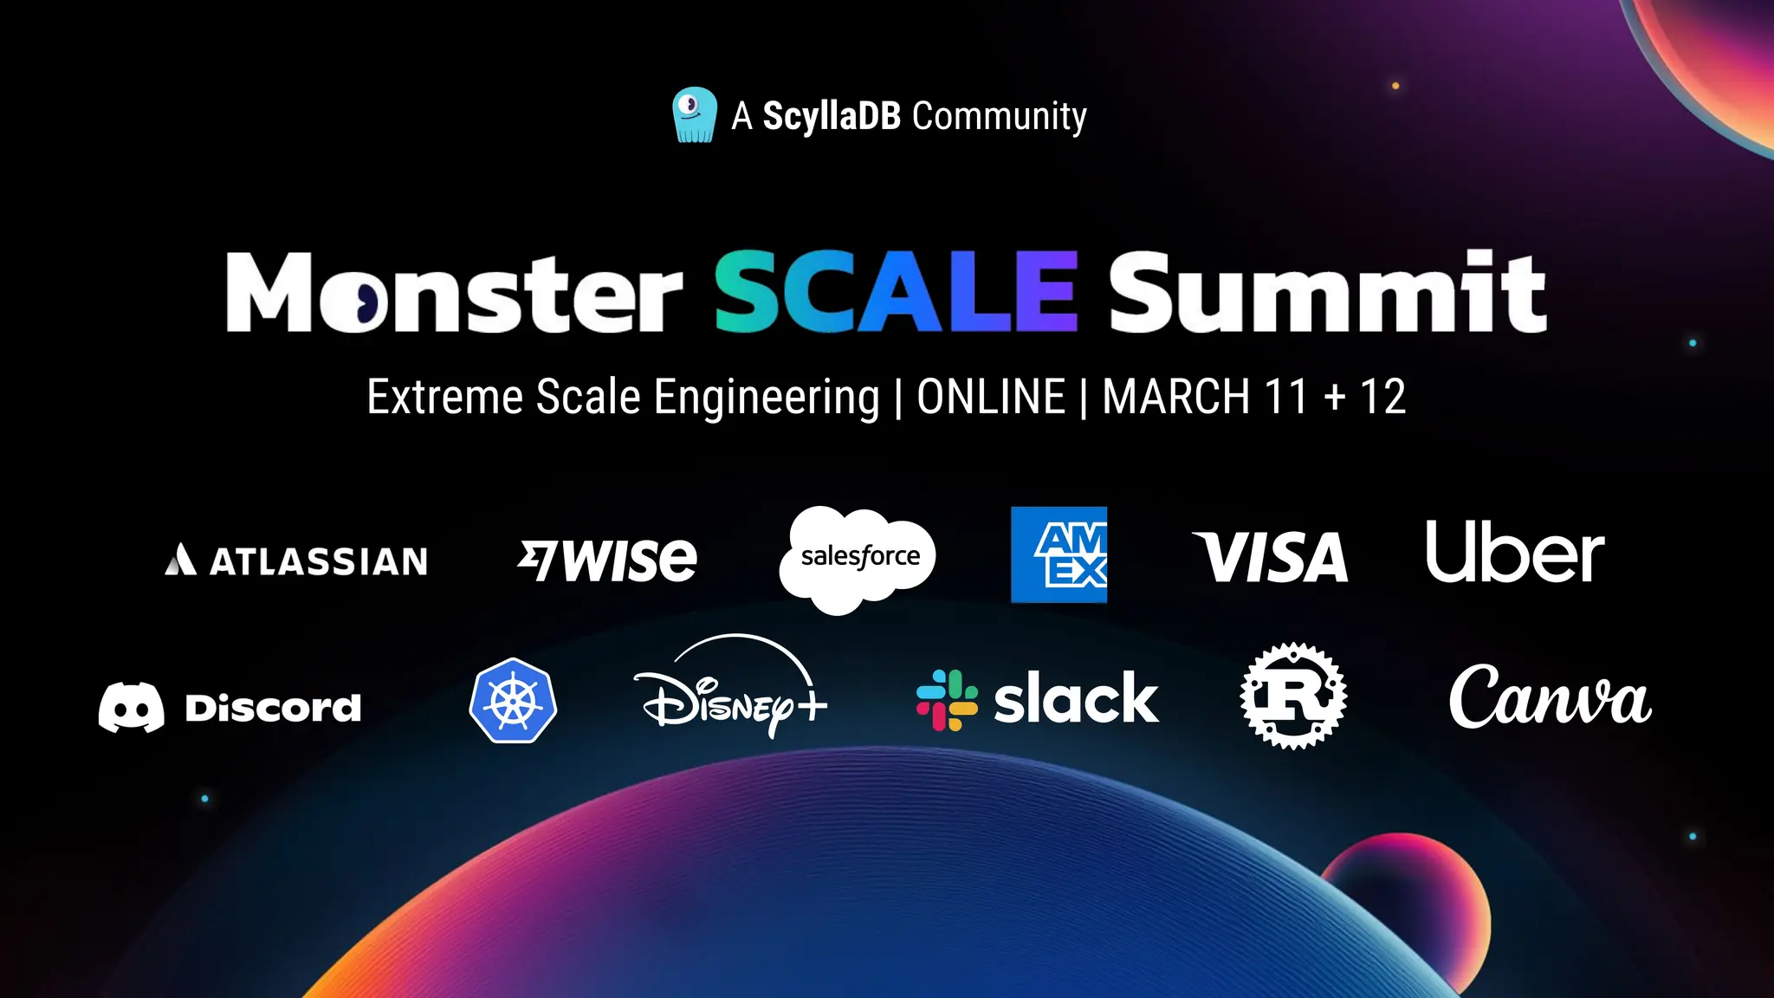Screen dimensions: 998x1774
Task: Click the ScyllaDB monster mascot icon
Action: (695, 114)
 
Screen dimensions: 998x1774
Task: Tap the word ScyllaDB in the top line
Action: (832, 116)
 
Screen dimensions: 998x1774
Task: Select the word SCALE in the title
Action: (896, 292)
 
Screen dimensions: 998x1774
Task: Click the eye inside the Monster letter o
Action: (367, 302)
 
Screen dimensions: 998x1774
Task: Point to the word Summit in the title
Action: (1327, 292)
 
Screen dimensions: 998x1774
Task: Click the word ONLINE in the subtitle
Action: (991, 398)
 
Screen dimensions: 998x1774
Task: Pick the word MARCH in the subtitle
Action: (1175, 398)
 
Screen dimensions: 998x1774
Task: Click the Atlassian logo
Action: (296, 561)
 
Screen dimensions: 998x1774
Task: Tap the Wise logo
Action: (607, 560)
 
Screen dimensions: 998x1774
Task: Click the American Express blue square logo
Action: (1059, 554)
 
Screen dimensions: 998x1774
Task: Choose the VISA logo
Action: (1271, 557)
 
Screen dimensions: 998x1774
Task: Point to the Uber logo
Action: (1515, 553)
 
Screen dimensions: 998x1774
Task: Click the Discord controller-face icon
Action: (131, 707)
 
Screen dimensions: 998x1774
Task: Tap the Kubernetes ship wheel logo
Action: (513, 701)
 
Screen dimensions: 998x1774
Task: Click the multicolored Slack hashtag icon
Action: (947, 700)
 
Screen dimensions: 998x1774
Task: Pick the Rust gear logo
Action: (1293, 696)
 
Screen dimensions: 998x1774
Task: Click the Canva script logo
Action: (1550, 697)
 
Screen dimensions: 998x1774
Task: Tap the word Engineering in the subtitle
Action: (767, 398)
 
